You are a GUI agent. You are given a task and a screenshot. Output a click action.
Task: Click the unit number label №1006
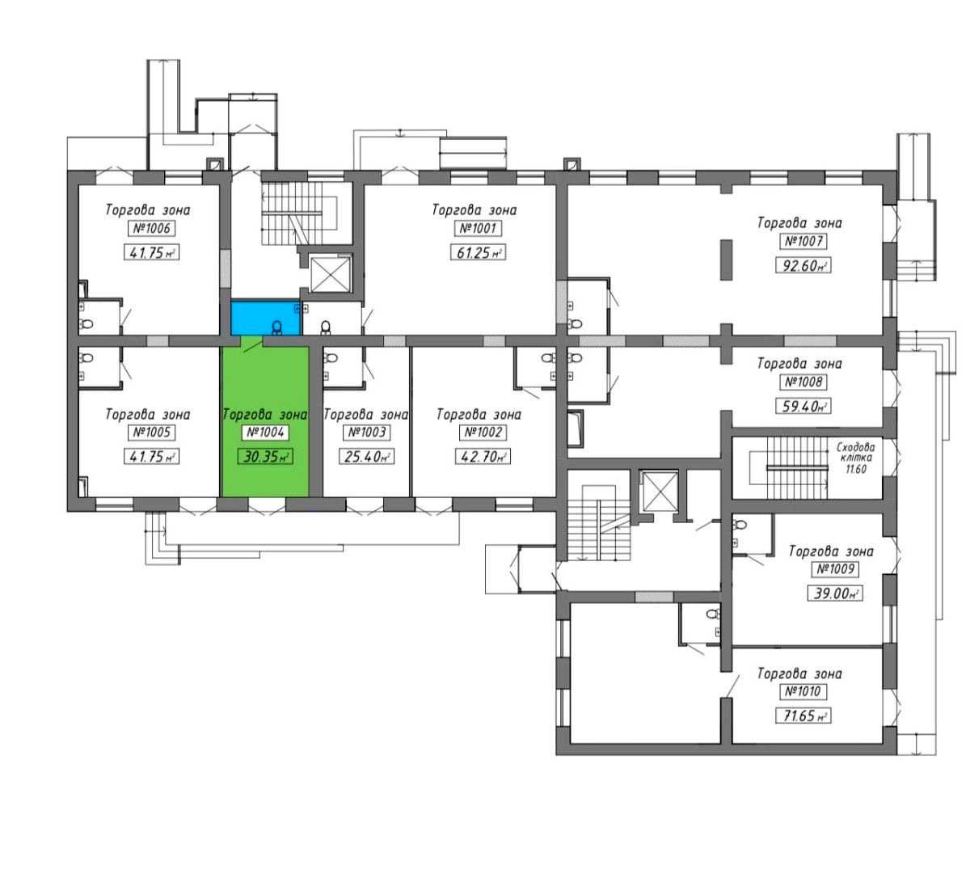tap(152, 228)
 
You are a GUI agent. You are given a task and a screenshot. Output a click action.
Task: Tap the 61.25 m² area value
tap(479, 252)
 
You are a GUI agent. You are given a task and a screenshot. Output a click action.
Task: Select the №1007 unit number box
tap(803, 241)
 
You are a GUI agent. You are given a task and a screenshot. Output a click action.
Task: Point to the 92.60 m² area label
tap(803, 265)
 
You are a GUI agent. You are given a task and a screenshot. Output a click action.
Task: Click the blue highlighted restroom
tap(266, 319)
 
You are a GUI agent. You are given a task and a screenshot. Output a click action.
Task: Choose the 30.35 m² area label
tap(265, 456)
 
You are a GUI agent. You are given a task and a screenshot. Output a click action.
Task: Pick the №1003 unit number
tap(367, 432)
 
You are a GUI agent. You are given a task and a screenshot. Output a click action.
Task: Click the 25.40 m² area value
tap(367, 456)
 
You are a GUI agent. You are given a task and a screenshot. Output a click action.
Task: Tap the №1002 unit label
tap(483, 432)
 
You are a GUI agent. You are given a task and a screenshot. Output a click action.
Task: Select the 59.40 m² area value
tap(803, 406)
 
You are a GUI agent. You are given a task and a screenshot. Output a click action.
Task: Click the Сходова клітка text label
tap(856, 452)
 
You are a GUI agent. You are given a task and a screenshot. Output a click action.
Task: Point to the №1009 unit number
tap(836, 569)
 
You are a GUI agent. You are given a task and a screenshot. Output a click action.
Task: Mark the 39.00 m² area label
tap(836, 593)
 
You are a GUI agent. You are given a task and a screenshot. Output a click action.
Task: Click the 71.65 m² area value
tap(803, 716)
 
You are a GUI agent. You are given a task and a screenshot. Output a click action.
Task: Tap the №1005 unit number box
tap(152, 432)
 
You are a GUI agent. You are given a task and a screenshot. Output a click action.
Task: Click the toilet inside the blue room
tap(276, 327)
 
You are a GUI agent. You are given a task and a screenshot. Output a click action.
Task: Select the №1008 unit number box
tap(803, 382)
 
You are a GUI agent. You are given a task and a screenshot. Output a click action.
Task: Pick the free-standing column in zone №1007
tap(727, 260)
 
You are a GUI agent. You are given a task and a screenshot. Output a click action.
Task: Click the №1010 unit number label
tap(803, 691)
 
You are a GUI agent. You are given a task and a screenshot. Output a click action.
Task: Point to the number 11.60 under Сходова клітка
tap(856, 469)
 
